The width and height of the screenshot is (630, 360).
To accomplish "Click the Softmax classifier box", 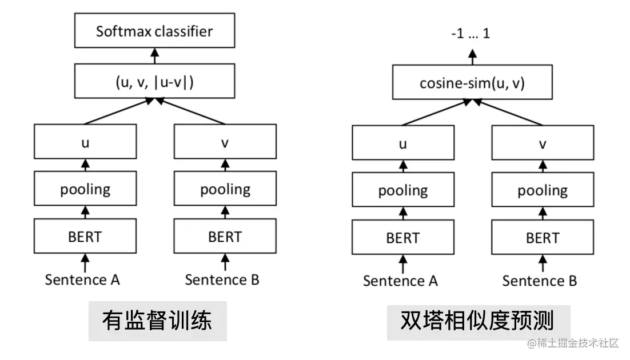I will [x=154, y=31].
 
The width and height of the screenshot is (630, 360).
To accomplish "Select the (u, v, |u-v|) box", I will [x=154, y=81].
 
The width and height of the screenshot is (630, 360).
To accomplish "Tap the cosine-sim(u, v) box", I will [x=472, y=83].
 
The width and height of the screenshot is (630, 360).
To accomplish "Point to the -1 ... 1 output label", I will [x=470, y=34].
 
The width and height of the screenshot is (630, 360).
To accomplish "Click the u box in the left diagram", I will [x=85, y=142].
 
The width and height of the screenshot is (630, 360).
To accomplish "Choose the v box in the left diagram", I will [x=225, y=142].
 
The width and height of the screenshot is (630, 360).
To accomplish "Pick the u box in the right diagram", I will [x=403, y=143].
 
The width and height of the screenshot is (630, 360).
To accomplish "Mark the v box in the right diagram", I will [x=543, y=143].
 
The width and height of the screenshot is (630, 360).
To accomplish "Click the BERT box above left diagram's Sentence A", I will [x=85, y=236].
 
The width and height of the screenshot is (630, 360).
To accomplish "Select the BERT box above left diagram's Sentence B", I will [x=225, y=236].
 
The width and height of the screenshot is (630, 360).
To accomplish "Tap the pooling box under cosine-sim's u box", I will [x=403, y=190].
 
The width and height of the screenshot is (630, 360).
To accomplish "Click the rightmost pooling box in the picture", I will [x=543, y=190].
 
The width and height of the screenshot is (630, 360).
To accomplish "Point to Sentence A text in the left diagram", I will [x=82, y=279].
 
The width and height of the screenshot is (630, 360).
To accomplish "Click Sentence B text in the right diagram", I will [x=540, y=281].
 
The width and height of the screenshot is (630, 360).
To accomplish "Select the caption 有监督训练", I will [x=157, y=321].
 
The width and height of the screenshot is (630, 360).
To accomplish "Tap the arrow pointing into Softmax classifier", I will [x=154, y=55].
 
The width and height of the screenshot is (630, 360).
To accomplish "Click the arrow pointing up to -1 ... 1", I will [x=472, y=57].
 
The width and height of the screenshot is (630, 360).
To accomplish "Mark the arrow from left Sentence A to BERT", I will [x=85, y=263].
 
